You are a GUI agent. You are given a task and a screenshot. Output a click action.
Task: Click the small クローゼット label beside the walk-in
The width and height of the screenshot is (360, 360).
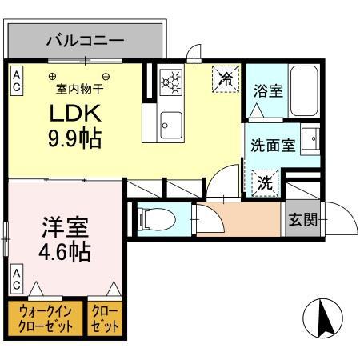(x=106, y=319)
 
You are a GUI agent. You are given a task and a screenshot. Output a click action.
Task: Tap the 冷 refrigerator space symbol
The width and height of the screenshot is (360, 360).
(x=226, y=78)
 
